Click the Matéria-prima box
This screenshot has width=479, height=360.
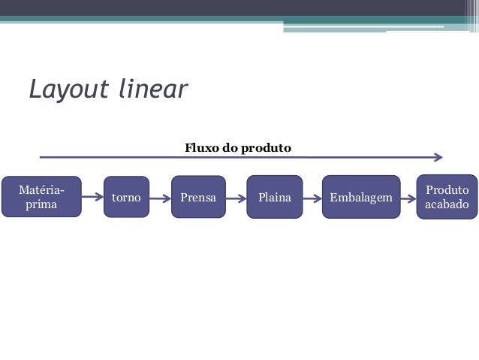pos(41,197)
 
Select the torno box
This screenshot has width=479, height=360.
pos(126,198)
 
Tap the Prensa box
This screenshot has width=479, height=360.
pos(198,198)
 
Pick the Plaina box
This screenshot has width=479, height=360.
pos(275,198)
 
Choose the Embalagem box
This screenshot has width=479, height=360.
pos(360,198)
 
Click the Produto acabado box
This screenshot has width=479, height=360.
pos(447,197)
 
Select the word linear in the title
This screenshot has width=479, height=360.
pos(152,89)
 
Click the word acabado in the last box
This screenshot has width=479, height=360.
pos(447,205)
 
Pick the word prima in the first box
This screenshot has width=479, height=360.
pos(41,204)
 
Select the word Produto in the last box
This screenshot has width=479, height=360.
pos(447,190)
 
